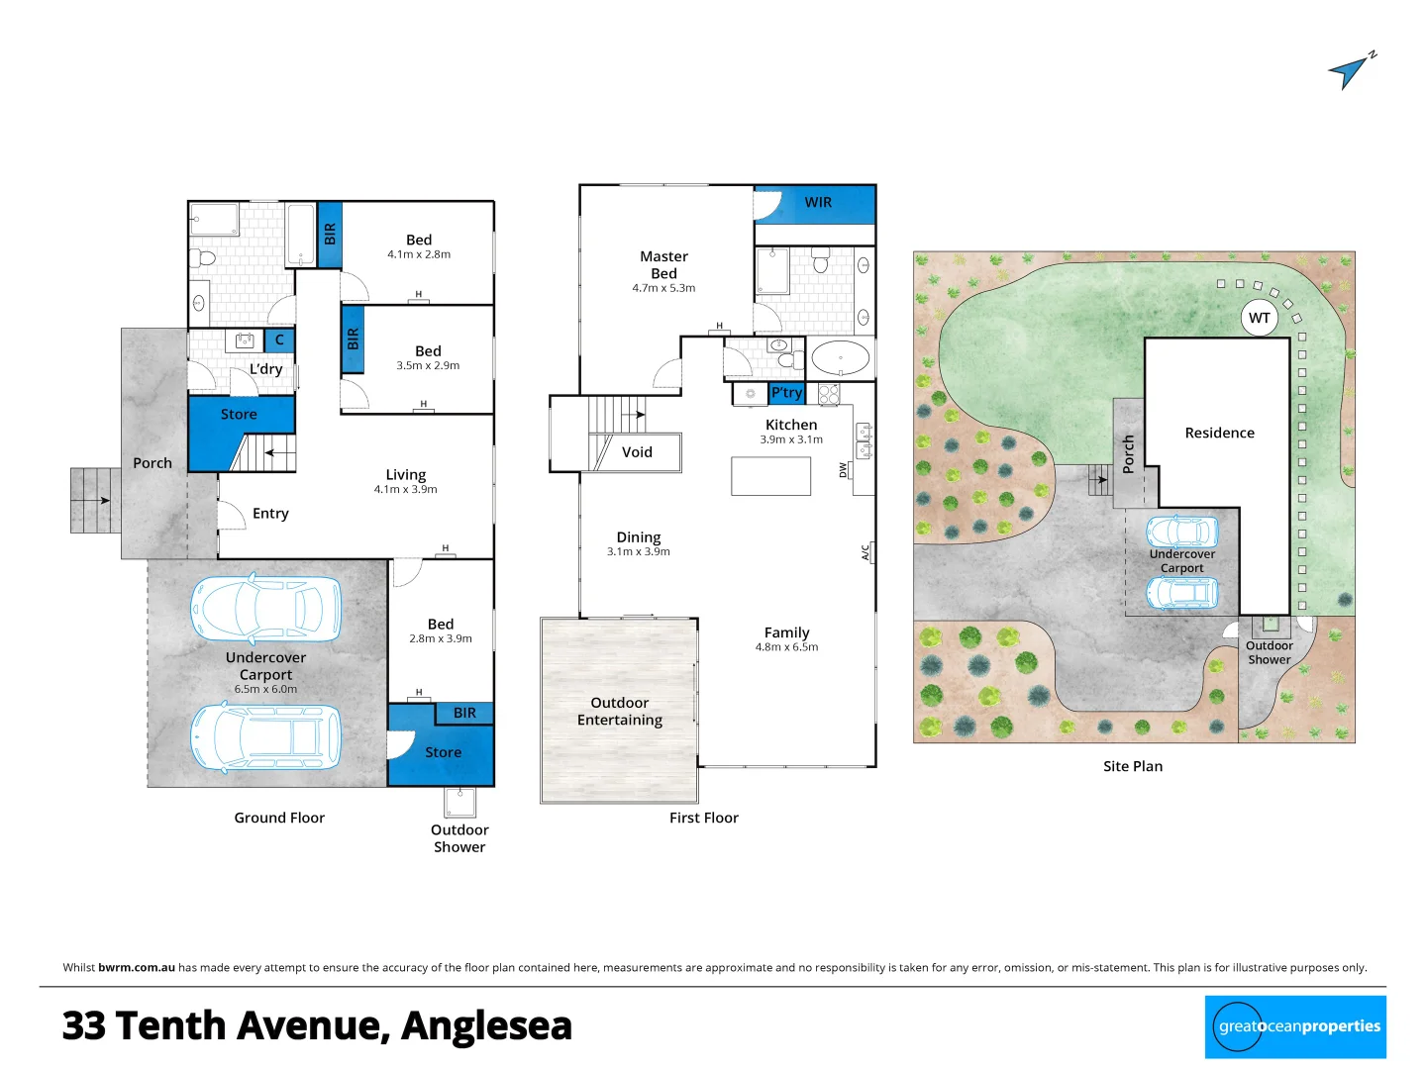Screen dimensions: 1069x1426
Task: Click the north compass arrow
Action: [x=1350, y=70]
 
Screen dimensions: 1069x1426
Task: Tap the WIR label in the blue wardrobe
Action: [x=818, y=203]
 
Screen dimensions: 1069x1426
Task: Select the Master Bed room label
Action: [x=663, y=265]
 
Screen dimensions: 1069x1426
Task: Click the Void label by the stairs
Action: [x=637, y=452]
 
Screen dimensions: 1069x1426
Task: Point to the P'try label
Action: [x=786, y=393]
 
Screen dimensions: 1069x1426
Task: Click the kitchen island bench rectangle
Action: [x=770, y=476]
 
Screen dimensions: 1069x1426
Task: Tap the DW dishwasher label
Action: [x=844, y=470]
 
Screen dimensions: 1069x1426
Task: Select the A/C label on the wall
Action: [x=865, y=552]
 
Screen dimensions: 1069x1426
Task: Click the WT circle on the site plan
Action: [x=1259, y=318]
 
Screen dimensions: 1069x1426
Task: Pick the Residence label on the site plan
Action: [x=1219, y=434]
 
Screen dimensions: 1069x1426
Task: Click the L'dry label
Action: [x=265, y=369]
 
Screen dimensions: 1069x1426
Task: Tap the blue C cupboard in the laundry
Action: [x=279, y=340]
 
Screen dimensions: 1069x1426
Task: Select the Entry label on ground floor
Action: [x=270, y=514]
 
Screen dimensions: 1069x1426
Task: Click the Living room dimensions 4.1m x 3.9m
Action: [x=405, y=490]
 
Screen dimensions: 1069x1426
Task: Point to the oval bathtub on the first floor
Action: [x=840, y=357]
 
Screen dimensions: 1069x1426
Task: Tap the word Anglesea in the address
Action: [x=486, y=1026]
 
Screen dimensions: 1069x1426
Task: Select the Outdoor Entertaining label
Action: [x=620, y=712]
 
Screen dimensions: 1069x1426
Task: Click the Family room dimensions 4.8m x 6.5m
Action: [x=786, y=647]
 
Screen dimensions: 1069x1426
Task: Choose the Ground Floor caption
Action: [x=279, y=818]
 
